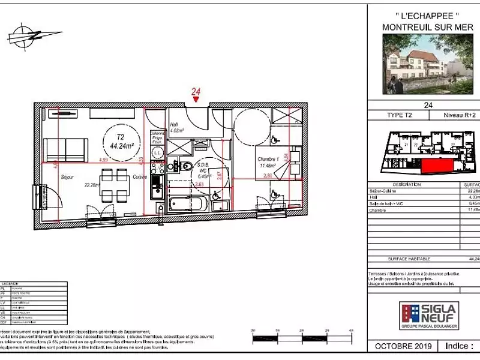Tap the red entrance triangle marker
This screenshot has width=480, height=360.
click(x=196, y=100)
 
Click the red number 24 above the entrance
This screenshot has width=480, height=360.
click(x=196, y=91)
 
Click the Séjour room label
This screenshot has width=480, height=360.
click(x=67, y=178)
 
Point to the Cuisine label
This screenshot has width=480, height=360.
click(x=140, y=178)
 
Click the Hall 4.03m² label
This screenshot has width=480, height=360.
click(x=176, y=127)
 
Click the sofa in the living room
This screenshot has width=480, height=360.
click(x=67, y=149)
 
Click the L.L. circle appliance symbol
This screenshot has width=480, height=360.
click(x=157, y=153)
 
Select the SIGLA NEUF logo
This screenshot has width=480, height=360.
click(x=429, y=316)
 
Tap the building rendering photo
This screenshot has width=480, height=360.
click(x=427, y=64)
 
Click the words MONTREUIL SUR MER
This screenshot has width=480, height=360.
click(x=427, y=27)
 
